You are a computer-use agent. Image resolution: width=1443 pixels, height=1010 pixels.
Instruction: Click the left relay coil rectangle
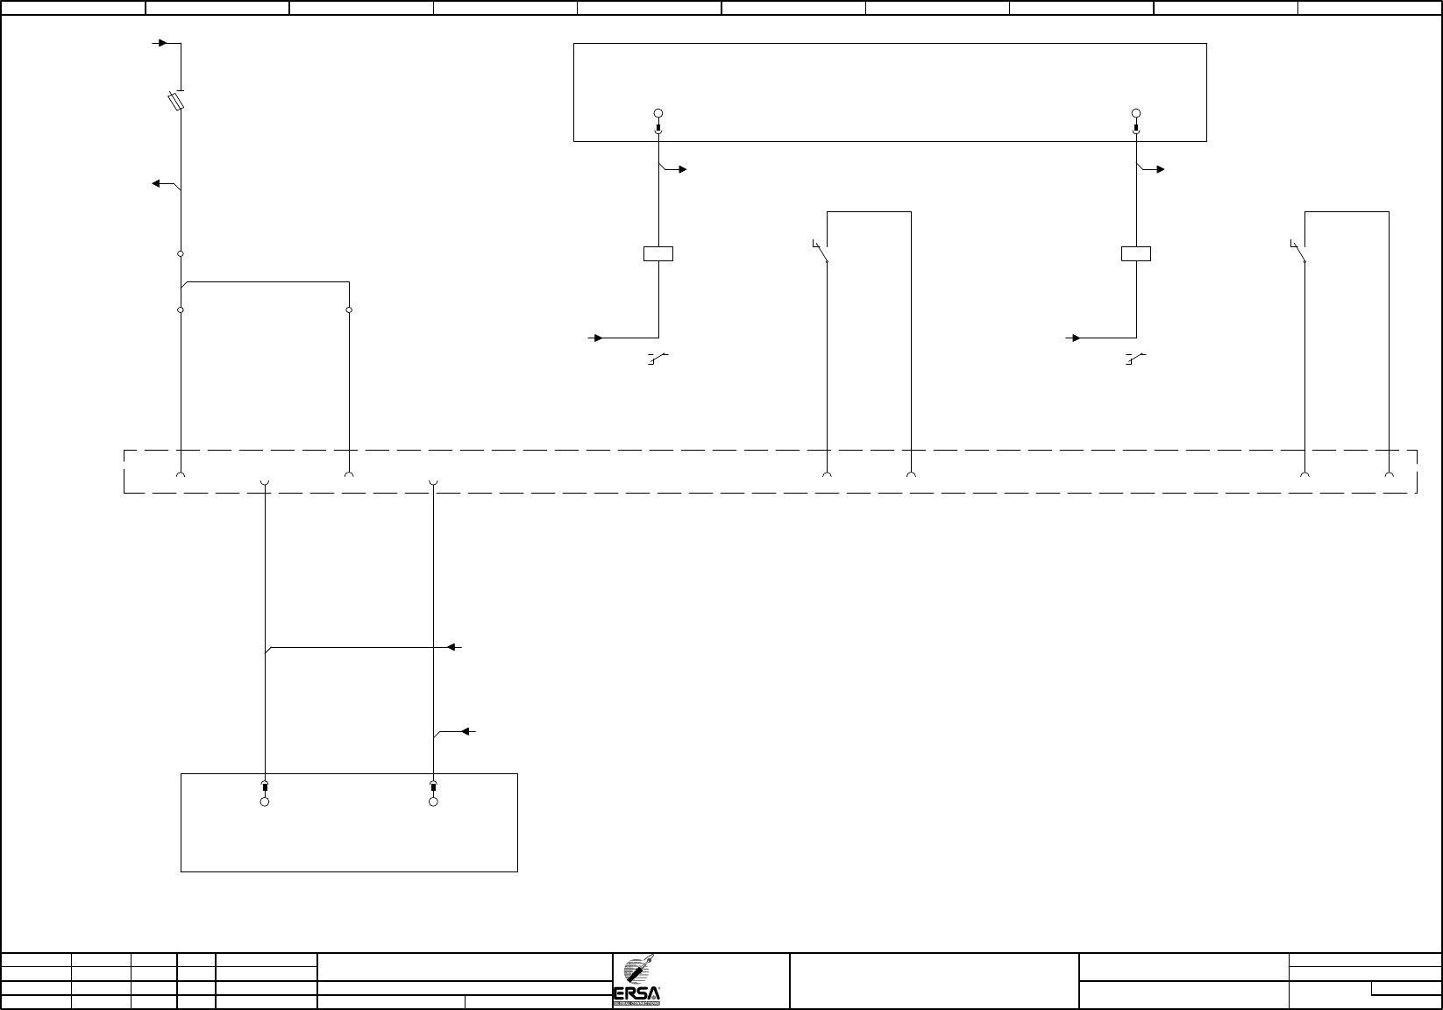click(658, 254)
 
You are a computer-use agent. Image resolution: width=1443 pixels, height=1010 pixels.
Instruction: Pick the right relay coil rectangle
click(1136, 254)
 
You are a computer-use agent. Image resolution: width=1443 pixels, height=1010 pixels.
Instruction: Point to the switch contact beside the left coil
click(821, 251)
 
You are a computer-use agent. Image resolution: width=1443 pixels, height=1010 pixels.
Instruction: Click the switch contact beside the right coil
click(1298, 251)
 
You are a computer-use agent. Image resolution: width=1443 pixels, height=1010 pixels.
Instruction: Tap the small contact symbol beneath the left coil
click(658, 358)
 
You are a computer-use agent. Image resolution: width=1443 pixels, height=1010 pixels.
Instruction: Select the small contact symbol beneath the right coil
click(1135, 358)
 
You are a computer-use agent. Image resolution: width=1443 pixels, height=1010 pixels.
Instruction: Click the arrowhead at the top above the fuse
click(161, 42)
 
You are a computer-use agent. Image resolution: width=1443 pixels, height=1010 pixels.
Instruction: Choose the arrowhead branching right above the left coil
click(683, 169)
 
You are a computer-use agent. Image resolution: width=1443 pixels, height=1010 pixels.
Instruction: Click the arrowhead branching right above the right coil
click(1161, 169)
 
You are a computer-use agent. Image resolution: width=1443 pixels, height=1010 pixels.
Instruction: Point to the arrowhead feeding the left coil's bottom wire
click(596, 338)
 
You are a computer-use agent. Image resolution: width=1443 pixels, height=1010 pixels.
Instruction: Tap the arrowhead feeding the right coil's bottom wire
click(1074, 338)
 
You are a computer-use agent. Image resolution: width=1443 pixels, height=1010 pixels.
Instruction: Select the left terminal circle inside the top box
click(658, 113)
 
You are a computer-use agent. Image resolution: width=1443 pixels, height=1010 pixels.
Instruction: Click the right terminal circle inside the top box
click(1136, 113)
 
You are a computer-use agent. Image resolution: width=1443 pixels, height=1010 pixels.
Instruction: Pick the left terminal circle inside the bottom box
click(265, 801)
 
